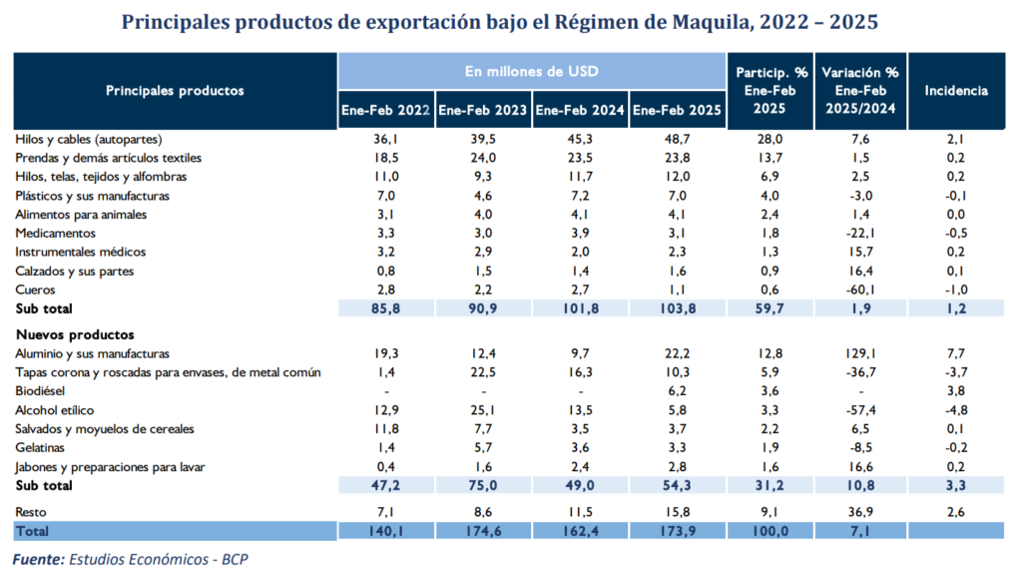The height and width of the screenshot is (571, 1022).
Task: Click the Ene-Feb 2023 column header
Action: pyautogui.click(x=483, y=110)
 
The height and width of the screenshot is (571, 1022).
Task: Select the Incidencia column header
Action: pyautogui.click(x=956, y=91)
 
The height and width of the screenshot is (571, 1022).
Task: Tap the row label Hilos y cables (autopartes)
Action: pyautogui.click(x=89, y=139)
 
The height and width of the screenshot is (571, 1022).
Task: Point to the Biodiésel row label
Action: pyautogui.click(x=44, y=391)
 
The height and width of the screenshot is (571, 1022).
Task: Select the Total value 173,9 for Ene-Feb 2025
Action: pyautogui.click(x=678, y=531)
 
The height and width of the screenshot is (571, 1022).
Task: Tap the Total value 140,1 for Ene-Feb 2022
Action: pyautogui.click(x=385, y=531)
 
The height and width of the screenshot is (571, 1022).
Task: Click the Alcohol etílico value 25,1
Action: pyautogui.click(x=483, y=410)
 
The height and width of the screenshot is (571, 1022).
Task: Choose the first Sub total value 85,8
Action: pyautogui.click(x=385, y=309)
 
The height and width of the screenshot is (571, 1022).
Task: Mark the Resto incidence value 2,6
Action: pyautogui.click(x=956, y=512)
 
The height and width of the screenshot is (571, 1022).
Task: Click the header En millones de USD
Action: pyautogui.click(x=531, y=72)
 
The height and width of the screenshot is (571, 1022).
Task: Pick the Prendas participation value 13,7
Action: pyautogui.click(x=771, y=158)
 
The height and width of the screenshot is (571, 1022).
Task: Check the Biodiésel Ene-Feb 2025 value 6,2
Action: pyautogui.click(x=678, y=391)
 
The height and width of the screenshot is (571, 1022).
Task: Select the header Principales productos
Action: pyautogui.click(x=175, y=91)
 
